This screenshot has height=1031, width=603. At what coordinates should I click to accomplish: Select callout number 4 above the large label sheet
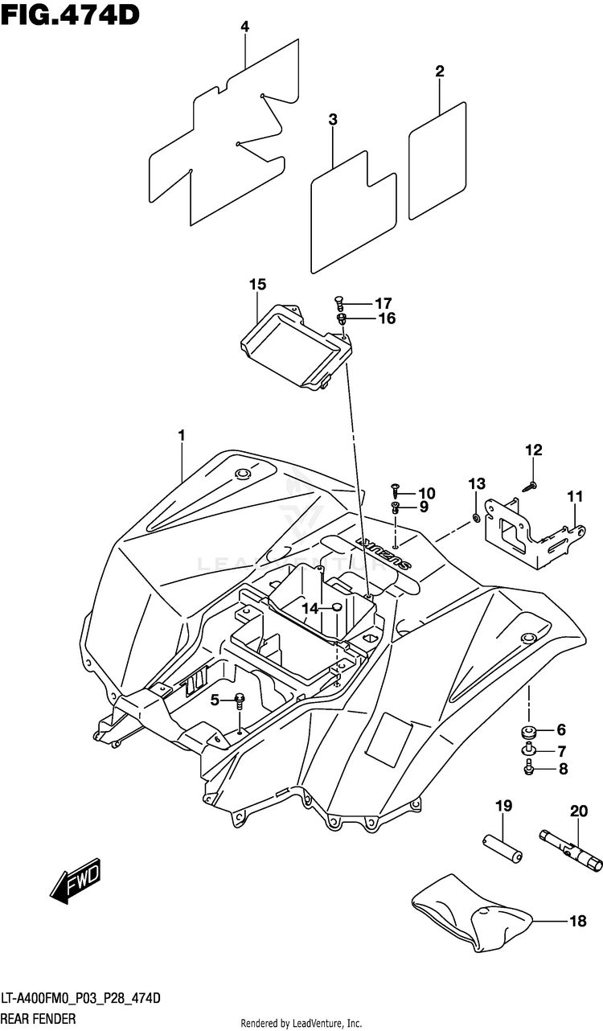pyautogui.click(x=244, y=27)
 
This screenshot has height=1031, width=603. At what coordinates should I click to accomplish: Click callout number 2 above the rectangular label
pyautogui.click(x=440, y=72)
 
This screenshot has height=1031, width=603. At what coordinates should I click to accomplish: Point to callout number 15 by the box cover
pyautogui.click(x=258, y=285)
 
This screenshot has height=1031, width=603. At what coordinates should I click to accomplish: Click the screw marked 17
pyautogui.click(x=338, y=305)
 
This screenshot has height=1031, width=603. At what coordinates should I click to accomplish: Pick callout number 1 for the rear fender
pyautogui.click(x=182, y=435)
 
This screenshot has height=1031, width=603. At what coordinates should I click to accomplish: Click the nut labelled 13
pyautogui.click(x=475, y=518)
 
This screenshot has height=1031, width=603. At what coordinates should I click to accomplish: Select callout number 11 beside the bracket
pyautogui.click(x=575, y=497)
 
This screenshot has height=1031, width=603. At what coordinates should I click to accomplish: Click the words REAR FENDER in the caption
pyautogui.click(x=39, y=1019)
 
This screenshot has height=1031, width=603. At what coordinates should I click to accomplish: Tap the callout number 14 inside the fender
pyautogui.click(x=310, y=609)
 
